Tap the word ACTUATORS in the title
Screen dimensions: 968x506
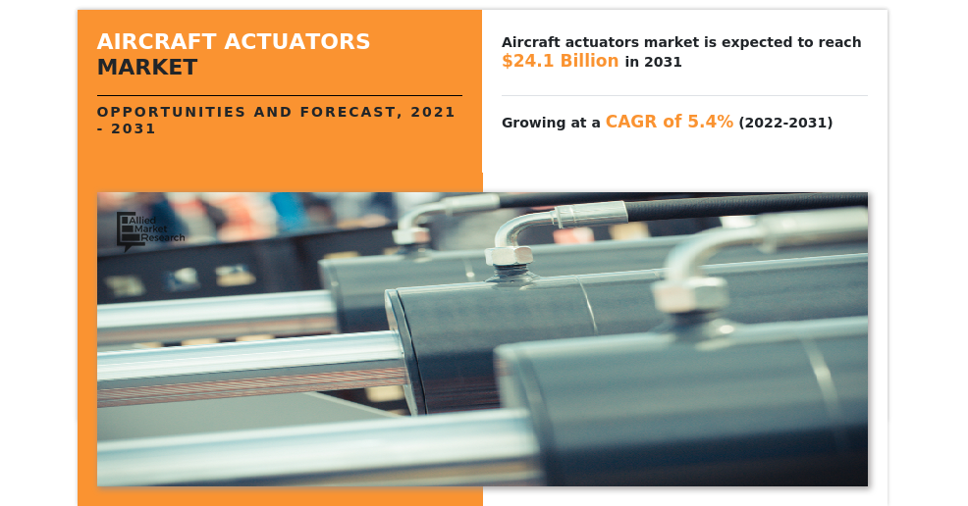[296, 41]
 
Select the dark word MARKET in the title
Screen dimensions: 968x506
[147, 67]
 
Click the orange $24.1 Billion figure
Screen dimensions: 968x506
[560, 61]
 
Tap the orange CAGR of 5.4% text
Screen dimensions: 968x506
[670, 122]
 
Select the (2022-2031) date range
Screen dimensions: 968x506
[785, 122]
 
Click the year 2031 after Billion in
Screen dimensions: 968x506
[663, 62]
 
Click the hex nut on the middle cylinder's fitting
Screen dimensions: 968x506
[509, 255]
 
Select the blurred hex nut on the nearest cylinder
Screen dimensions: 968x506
[690, 294]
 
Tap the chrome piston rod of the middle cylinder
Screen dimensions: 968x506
[250, 369]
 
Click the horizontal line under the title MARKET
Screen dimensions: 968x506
[279, 95]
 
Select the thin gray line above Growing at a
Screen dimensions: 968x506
[684, 95]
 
